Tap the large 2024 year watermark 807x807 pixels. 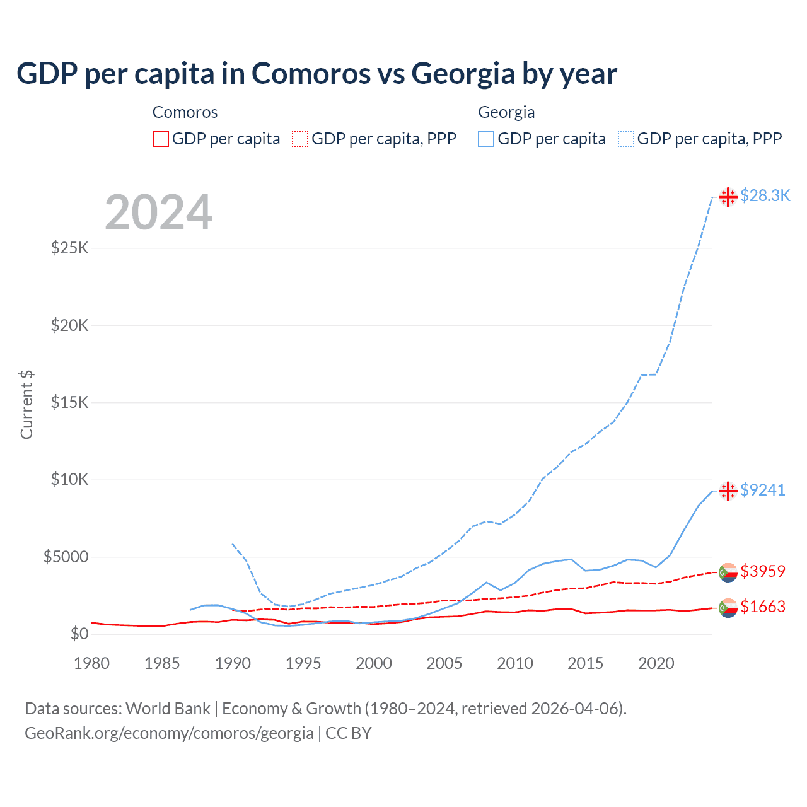point(158,213)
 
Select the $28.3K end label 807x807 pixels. point(765,196)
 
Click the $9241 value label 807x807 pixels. point(762,490)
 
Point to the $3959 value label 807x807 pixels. point(762,571)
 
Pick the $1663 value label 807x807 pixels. point(762,607)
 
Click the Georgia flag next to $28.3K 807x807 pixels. point(728,197)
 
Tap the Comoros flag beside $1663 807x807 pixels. point(728,608)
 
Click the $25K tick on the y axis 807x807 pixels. point(69,248)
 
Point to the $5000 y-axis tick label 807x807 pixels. point(66,557)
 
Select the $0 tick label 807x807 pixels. point(79,634)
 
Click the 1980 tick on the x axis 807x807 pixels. point(91,663)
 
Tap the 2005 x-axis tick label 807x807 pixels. point(444,663)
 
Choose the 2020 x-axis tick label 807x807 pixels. point(656,663)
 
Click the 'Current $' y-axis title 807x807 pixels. point(26,405)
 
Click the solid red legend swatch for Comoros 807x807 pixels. point(161,139)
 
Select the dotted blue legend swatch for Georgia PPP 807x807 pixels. point(626,139)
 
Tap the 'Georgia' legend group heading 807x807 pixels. point(506,112)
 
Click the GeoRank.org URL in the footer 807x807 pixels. point(169,733)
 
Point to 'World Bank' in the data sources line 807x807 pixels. point(168,709)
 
